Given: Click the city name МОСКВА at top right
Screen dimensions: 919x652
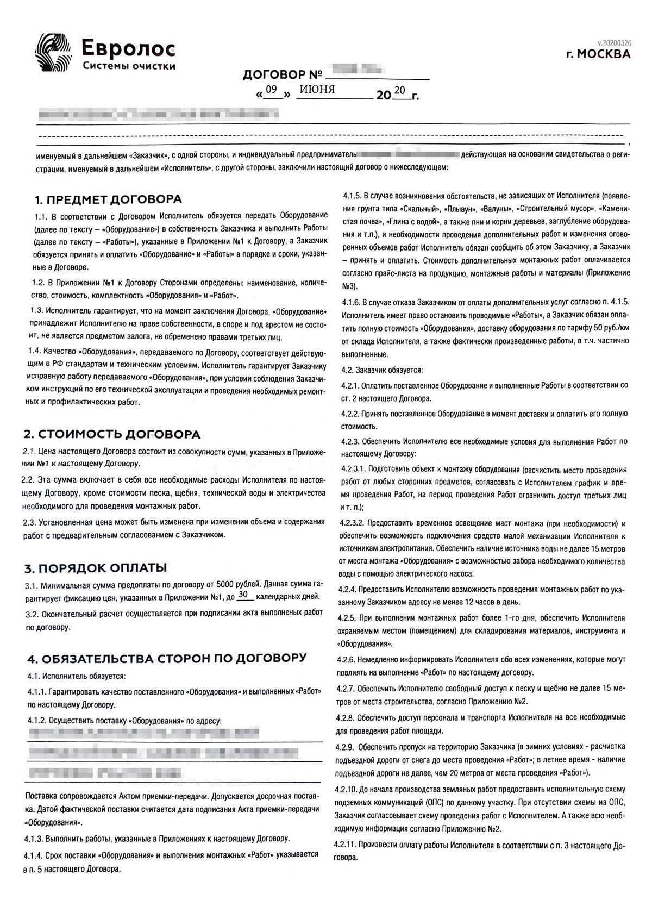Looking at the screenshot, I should click(x=603, y=54).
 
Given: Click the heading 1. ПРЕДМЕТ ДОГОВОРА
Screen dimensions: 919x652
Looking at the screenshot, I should click(x=103, y=199).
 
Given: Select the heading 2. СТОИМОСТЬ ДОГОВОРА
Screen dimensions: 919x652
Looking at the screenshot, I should click(x=111, y=434).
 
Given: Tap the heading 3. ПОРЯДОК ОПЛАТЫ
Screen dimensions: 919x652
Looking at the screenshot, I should click(x=95, y=568).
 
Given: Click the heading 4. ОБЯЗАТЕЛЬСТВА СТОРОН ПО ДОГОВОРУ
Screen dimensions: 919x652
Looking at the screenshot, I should click(x=166, y=658).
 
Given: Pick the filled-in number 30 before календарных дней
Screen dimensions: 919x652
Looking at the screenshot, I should click(x=244, y=596).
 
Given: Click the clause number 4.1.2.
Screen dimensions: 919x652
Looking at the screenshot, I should click(x=36, y=721).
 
